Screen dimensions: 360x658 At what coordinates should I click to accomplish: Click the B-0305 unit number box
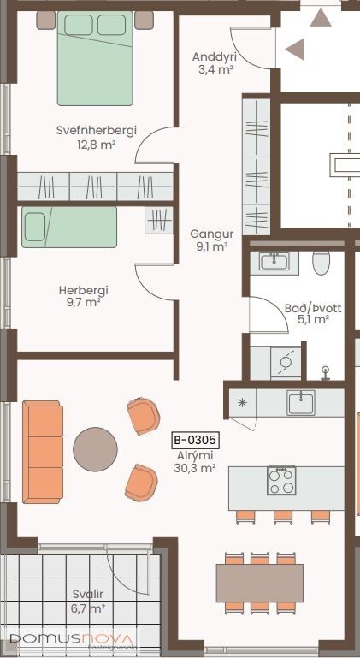(195, 440)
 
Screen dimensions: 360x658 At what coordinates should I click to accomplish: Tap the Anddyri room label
(215, 56)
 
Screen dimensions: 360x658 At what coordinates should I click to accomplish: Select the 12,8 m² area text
(97, 145)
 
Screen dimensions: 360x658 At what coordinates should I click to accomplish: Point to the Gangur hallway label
(211, 234)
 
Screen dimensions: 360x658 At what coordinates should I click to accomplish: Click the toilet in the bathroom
(322, 263)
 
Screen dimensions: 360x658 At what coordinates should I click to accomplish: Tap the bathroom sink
(274, 262)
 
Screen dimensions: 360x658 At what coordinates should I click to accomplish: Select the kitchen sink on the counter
(301, 403)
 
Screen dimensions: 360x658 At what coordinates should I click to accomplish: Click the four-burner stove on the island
(281, 480)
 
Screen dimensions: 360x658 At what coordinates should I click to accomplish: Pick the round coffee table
(95, 449)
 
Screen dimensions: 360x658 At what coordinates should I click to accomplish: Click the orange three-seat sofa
(43, 452)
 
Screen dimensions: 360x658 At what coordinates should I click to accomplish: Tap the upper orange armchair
(144, 416)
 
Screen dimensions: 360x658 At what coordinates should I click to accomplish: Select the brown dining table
(259, 583)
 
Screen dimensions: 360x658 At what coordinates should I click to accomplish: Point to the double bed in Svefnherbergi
(95, 58)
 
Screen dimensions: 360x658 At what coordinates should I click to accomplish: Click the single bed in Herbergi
(69, 227)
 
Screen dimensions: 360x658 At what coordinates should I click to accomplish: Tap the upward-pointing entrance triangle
(321, 17)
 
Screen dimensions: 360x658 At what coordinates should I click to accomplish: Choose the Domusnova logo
(74, 640)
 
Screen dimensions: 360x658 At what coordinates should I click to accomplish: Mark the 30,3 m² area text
(195, 468)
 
